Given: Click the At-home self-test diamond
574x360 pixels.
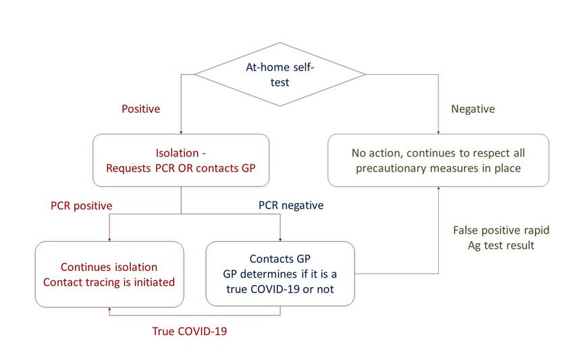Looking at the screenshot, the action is [x=280, y=74].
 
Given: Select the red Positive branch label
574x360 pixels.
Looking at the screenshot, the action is [x=141, y=109].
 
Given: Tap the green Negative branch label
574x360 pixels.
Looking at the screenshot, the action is [x=473, y=109].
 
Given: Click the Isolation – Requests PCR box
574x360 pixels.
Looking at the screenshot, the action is [x=181, y=160].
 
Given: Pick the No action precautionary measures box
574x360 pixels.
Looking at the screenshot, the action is [x=438, y=160].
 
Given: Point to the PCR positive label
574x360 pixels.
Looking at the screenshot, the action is [x=81, y=205].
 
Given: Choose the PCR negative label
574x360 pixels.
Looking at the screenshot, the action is [x=291, y=205].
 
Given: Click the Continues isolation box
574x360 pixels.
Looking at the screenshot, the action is [x=109, y=274].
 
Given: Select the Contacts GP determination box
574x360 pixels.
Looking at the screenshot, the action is [x=280, y=274].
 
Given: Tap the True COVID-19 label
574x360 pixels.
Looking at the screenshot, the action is [x=190, y=331].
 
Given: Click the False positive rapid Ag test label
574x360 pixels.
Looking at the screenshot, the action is [x=501, y=238].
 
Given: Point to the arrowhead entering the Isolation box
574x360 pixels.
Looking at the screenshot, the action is [x=181, y=132].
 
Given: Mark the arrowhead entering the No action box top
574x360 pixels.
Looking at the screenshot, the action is [x=438, y=132].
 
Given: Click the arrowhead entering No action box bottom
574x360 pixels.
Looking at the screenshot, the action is [x=438, y=188].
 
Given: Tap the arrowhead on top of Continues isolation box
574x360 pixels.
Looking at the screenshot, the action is [x=109, y=240].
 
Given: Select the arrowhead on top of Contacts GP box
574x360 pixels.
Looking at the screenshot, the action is [x=280, y=240].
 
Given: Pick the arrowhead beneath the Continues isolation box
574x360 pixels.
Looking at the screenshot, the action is [x=109, y=309].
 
